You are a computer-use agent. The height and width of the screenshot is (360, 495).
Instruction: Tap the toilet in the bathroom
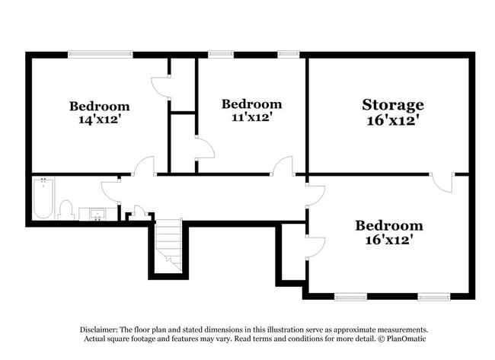[65, 209]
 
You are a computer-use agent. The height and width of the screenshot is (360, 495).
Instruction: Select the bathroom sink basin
[96, 214]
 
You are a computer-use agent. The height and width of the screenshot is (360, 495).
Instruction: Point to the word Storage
[392, 105]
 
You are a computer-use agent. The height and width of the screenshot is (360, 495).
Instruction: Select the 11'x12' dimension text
[251, 117]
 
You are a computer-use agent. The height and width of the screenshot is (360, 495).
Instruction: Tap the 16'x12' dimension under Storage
[392, 120]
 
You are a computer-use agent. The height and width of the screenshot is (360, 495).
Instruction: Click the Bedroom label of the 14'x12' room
[100, 106]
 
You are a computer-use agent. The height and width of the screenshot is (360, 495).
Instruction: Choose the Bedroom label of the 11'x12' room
[251, 104]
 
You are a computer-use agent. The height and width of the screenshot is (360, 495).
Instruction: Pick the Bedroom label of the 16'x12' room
[389, 225]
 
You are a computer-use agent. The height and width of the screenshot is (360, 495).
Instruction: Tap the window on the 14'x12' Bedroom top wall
[100, 54]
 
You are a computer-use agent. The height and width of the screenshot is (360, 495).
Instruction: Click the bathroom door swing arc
[110, 190]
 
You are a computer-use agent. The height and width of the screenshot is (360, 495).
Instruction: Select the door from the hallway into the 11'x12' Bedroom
[283, 166]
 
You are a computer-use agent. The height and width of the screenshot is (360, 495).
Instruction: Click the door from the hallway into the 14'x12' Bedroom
[144, 167]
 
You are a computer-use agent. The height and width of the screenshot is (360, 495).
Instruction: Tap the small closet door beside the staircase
[139, 212]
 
